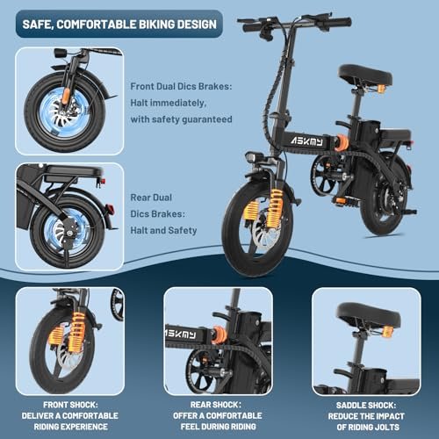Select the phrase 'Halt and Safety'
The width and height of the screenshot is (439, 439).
pyautogui.click(x=166, y=230)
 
